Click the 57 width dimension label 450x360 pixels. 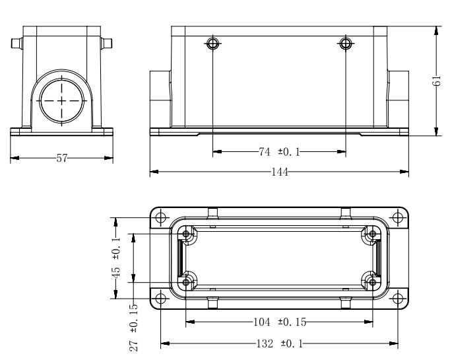[x=62, y=158]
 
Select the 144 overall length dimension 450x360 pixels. [x=280, y=172]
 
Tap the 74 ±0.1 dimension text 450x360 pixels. [x=279, y=152]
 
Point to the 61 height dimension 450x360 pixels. [x=436, y=81]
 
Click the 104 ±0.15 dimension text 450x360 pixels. [x=280, y=322]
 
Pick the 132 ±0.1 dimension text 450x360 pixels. [x=280, y=343]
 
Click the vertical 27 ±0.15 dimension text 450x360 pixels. [x=134, y=328]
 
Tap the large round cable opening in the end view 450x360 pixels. [x=62, y=100]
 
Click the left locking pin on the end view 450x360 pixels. [x=17, y=44]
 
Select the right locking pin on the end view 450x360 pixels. [x=106, y=44]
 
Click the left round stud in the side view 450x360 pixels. [x=212, y=44]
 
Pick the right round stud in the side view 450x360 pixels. [x=346, y=44]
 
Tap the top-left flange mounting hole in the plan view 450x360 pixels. [x=160, y=217]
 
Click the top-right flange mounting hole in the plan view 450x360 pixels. [x=398, y=217]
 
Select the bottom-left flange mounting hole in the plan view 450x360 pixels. [x=160, y=299]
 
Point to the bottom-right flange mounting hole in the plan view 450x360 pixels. [x=398, y=299]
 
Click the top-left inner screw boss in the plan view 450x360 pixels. [x=186, y=234]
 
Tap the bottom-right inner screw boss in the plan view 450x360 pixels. [x=373, y=282]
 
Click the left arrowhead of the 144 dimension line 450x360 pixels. [x=154, y=172]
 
